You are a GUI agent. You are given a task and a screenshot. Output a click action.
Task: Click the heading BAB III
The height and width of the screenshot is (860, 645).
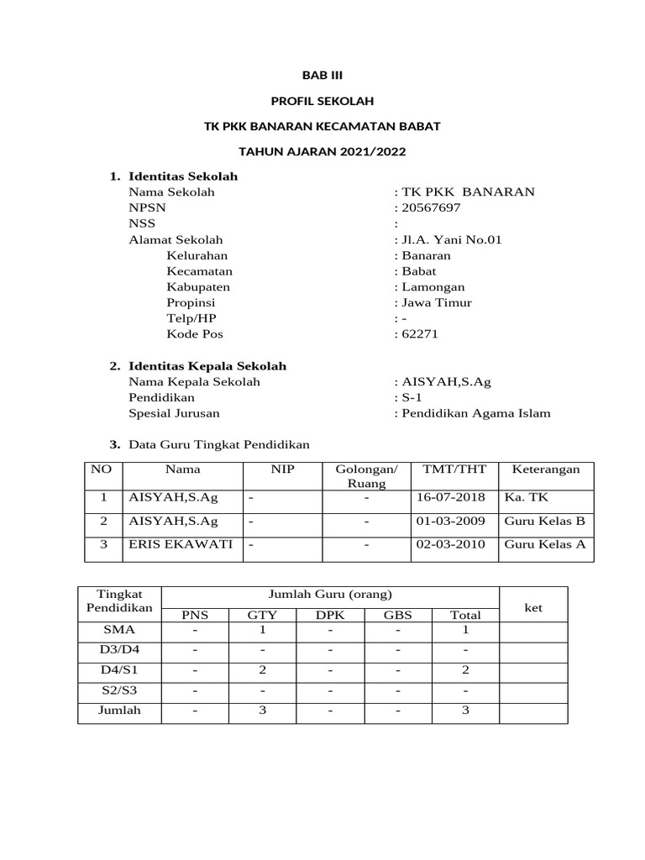(322, 75)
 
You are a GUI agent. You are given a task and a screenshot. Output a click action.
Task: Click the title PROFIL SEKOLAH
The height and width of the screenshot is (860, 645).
(322, 101)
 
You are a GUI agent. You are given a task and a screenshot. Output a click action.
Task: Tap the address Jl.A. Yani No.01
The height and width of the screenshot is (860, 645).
(451, 239)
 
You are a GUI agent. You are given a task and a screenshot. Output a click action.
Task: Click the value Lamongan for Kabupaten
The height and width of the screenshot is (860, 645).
(433, 287)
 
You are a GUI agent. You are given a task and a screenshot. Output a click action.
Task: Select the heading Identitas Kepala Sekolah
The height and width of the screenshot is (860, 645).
(207, 366)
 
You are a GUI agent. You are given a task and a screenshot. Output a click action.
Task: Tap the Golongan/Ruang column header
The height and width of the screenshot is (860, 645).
(367, 476)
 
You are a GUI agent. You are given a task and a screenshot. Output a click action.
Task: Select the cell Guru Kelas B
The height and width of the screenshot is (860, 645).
(544, 521)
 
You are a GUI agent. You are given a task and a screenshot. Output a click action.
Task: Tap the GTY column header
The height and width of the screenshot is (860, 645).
(262, 615)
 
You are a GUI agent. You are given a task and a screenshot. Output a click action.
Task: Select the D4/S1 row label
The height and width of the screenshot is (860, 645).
(118, 669)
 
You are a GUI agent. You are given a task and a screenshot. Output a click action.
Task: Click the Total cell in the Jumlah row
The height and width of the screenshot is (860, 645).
(465, 711)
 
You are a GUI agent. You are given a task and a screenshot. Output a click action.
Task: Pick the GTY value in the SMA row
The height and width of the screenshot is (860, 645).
(262, 629)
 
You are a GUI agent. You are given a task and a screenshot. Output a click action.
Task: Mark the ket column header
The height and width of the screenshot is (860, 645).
(533, 607)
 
